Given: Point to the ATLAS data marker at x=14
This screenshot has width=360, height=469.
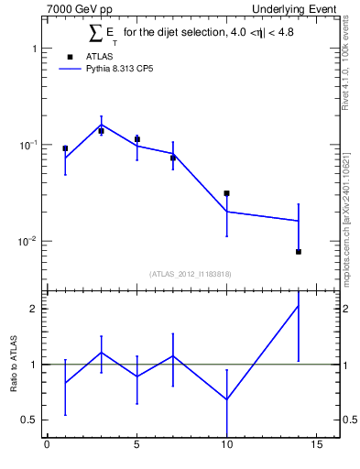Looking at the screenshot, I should click(299, 251).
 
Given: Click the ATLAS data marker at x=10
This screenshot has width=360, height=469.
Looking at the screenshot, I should click(226, 193).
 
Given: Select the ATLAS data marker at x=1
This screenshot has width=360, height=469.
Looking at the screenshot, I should click(65, 147).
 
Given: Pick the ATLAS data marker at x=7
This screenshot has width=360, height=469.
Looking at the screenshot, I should click(172, 158).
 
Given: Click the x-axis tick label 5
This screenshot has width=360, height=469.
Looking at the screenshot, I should click(136, 447).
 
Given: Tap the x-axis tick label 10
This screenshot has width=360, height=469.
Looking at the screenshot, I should click(226, 447).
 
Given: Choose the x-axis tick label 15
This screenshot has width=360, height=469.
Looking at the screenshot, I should click(316, 447).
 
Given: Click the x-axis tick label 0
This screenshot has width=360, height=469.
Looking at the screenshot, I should click(47, 447).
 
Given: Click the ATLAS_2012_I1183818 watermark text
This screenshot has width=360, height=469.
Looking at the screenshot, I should click(191, 273).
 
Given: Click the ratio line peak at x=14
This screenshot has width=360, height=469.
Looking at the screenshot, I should click(299, 306).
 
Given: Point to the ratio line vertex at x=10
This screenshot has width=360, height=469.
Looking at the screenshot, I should click(226, 399).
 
